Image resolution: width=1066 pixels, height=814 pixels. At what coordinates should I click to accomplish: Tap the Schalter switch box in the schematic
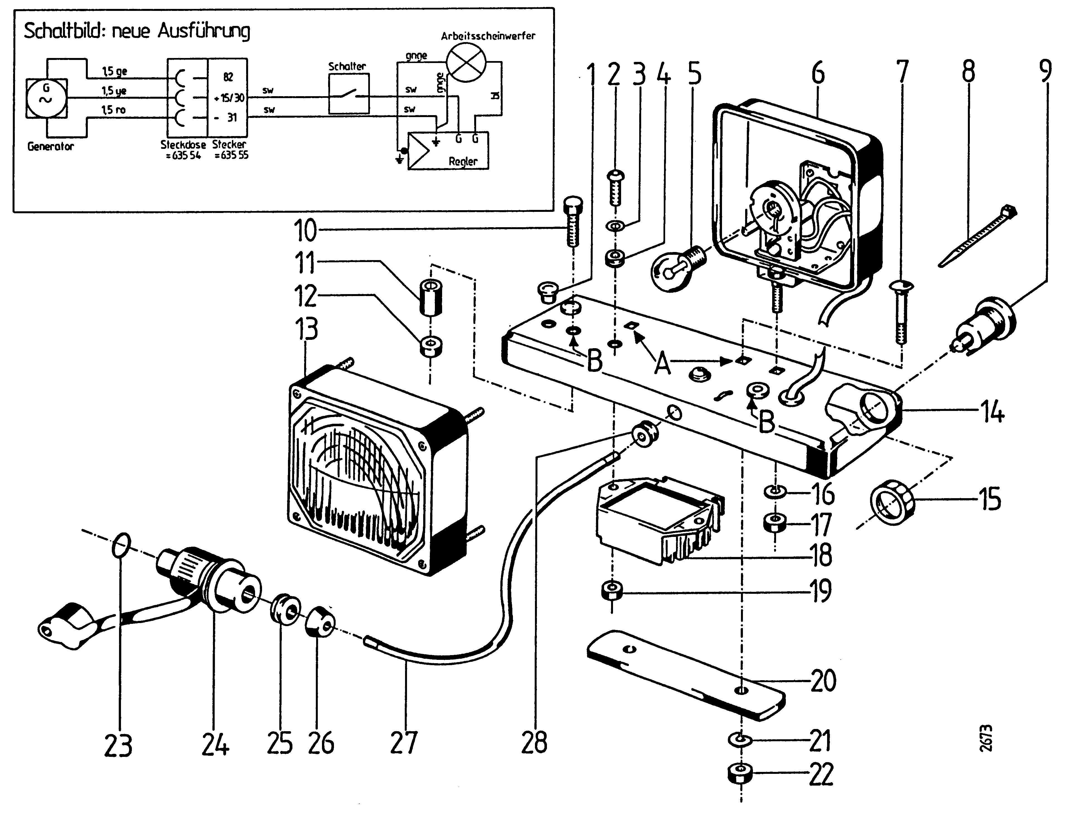click(349, 93)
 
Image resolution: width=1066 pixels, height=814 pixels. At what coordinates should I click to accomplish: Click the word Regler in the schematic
click(463, 161)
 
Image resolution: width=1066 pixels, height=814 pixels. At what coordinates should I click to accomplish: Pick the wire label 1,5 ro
click(113, 110)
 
